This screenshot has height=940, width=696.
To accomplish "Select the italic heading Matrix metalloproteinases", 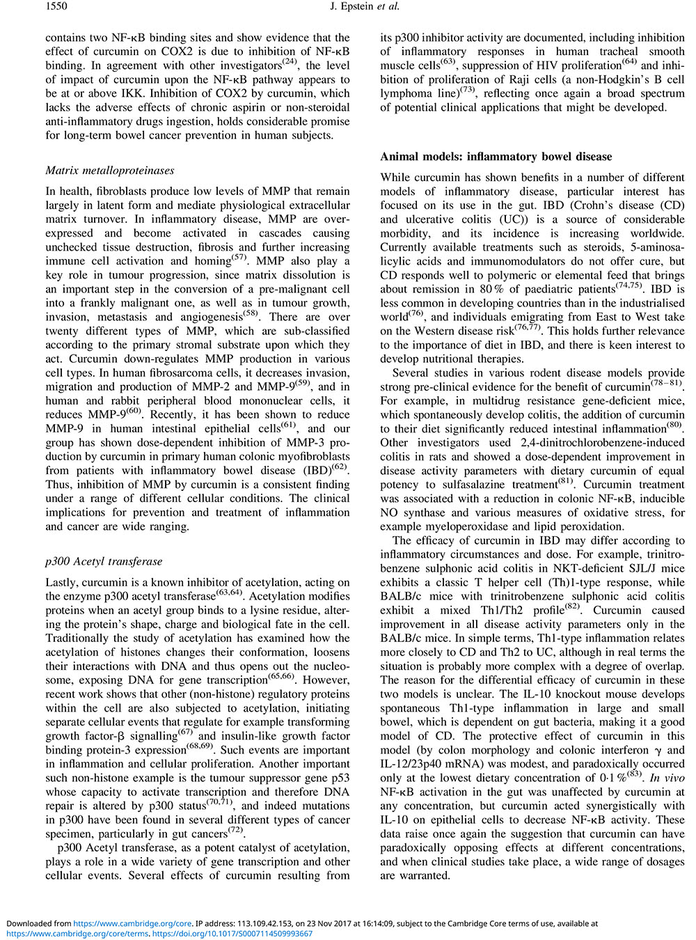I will tap(110, 171).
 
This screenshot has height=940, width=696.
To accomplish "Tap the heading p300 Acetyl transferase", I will tap(104, 561).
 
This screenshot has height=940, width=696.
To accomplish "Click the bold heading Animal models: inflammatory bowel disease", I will tap(496, 157).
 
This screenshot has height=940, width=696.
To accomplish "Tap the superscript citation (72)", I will tap(237, 831).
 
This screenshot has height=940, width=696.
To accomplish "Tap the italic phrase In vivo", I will tap(667, 778).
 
